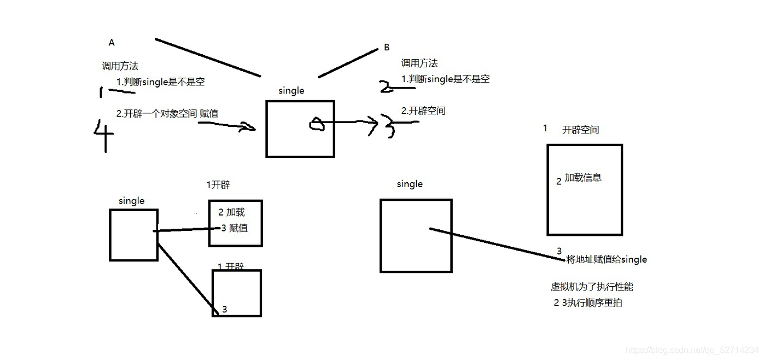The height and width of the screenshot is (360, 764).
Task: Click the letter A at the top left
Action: click(x=112, y=42)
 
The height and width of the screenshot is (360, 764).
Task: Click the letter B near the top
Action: click(x=387, y=47)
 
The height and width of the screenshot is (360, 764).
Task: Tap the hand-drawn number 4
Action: click(x=103, y=134)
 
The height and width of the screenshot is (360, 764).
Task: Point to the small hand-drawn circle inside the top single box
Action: click(x=317, y=125)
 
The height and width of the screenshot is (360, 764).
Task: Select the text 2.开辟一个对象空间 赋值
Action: click(x=167, y=113)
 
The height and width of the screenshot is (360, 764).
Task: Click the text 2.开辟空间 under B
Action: click(x=423, y=111)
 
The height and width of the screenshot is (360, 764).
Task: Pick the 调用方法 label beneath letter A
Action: click(x=120, y=66)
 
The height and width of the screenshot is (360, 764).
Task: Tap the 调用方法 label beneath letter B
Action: click(x=419, y=63)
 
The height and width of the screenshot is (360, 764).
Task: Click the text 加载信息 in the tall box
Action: click(x=583, y=177)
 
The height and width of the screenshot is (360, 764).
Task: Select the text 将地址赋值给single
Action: click(x=606, y=259)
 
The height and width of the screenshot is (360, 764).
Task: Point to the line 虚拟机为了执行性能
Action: click(x=592, y=287)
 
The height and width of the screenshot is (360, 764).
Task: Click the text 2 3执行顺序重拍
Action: click(x=587, y=303)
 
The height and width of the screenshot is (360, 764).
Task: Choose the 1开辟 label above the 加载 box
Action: click(x=218, y=185)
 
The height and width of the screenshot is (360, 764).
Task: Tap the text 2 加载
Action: click(x=231, y=212)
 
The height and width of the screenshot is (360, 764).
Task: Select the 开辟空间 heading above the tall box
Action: click(x=580, y=130)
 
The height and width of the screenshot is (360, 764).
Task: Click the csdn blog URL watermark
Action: click(x=692, y=350)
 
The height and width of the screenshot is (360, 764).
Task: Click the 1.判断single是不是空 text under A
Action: click(x=160, y=82)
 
